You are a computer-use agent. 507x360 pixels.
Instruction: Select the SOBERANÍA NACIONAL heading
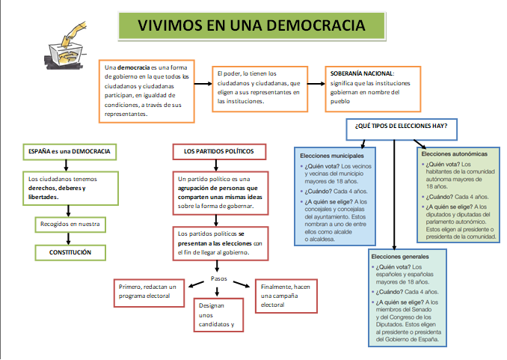(361, 74)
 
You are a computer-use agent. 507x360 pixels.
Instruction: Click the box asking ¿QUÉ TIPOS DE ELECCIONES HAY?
(402, 126)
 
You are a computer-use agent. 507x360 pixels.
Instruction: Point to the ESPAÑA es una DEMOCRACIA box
(69, 151)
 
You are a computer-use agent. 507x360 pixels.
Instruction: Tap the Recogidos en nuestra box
(70, 224)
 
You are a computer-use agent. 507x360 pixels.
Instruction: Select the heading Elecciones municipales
(331, 155)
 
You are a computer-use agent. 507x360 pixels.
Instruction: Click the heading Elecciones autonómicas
(455, 153)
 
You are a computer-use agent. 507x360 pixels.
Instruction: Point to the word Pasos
(219, 278)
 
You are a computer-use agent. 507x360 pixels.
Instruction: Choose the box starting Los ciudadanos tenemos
(69, 187)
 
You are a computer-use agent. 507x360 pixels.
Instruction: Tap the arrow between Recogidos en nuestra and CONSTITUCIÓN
(70, 238)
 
